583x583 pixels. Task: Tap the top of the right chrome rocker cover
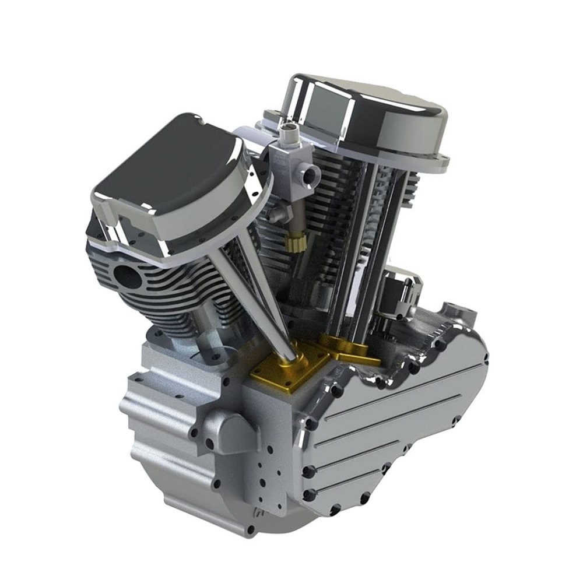[367, 111]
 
